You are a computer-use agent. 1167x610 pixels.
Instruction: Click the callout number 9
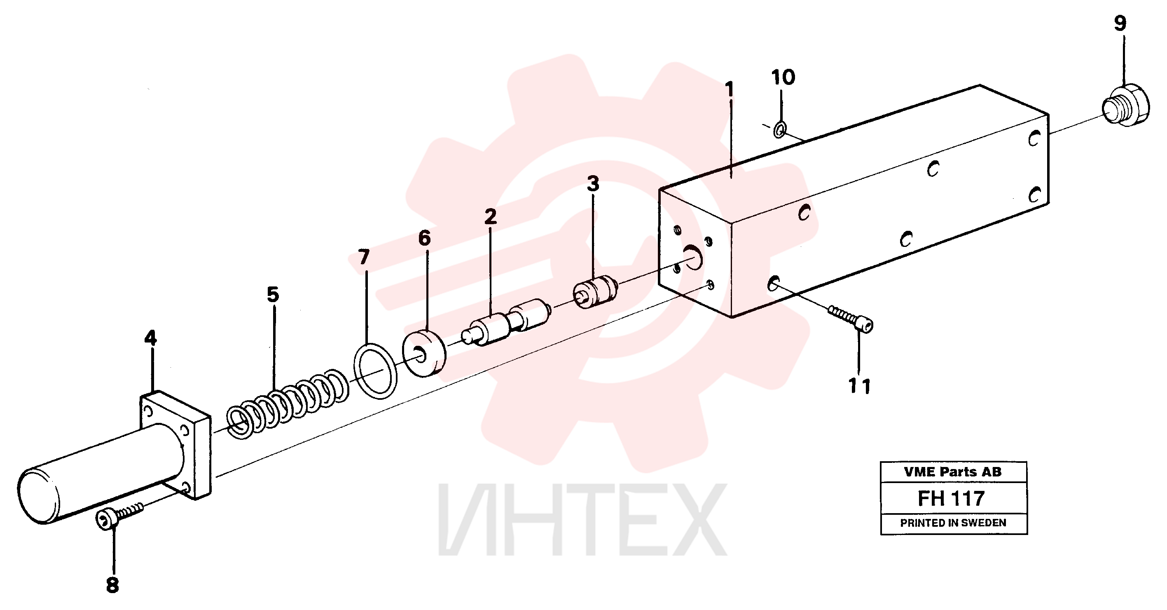coord(1120,23)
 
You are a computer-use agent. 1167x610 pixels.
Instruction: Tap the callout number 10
coord(783,77)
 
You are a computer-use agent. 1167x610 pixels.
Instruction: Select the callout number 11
coord(859,386)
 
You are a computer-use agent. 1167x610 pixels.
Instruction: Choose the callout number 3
coord(593,183)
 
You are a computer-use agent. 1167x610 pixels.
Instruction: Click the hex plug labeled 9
coord(1125,105)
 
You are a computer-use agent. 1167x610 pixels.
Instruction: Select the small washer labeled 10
coord(780,129)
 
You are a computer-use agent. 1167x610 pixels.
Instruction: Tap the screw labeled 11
coord(850,318)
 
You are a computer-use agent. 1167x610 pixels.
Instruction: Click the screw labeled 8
coord(119,516)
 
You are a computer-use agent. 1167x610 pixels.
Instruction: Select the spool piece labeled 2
coord(505,322)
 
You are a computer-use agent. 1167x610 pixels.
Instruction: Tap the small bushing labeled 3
coord(596,292)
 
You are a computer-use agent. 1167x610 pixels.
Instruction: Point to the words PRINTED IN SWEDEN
coord(953,523)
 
